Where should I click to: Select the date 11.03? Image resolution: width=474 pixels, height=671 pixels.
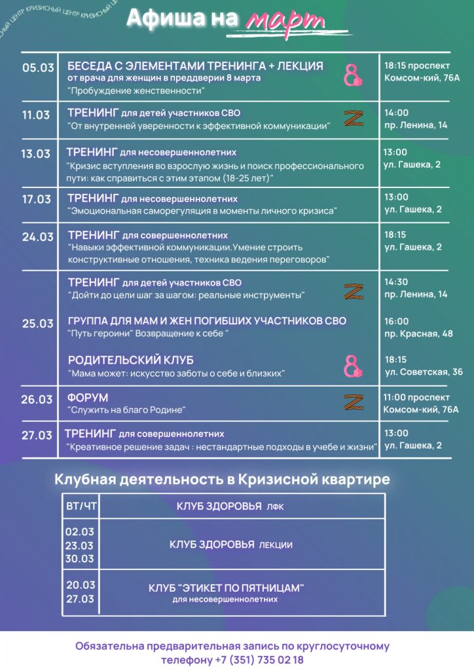point(35,115)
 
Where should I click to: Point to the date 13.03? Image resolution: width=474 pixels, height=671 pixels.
point(35,154)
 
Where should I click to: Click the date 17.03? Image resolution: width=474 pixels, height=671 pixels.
point(36,199)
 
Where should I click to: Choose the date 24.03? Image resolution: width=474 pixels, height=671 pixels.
point(38,237)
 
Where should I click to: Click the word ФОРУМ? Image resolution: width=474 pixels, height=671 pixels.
point(88,398)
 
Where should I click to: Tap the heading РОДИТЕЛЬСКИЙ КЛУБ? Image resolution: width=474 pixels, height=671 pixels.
point(131,360)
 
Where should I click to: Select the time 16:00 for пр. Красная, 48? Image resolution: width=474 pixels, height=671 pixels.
point(396,321)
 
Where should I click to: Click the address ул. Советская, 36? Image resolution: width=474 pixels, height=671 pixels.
point(424,372)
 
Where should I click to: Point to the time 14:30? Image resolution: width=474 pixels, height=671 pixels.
point(396,282)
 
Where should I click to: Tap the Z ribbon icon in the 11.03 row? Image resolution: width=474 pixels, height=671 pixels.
point(354,119)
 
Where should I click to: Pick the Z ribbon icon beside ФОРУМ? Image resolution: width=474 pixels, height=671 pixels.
point(354,402)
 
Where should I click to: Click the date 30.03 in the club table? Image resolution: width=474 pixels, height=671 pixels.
point(80,559)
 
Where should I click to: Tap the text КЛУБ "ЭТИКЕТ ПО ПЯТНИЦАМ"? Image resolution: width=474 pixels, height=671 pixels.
point(227,587)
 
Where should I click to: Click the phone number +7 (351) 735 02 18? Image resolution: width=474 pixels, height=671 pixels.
point(259,659)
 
